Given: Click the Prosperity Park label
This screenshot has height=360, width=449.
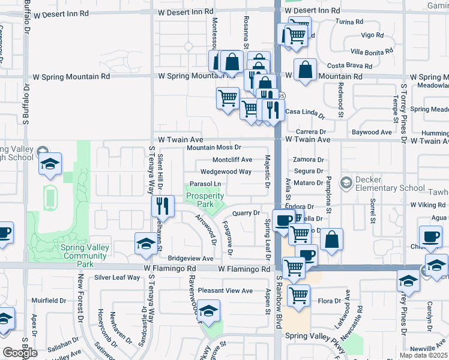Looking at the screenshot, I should tap(205, 200).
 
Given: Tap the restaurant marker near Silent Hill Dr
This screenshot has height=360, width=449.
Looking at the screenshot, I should tap(163, 206).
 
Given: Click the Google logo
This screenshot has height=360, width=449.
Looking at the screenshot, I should tap(19, 353).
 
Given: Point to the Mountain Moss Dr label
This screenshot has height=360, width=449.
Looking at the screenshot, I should tap(214, 148).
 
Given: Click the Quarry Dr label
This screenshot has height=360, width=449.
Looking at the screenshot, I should tap(246, 213).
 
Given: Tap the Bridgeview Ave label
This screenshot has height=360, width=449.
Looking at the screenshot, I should tap(190, 259).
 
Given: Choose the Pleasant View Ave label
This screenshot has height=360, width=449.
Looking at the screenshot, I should tap(226, 290).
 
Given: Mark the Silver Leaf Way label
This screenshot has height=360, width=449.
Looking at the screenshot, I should tap(117, 278).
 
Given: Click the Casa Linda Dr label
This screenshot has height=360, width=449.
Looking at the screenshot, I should tap(304, 112).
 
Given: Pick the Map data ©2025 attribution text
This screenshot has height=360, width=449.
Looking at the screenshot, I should tap(424, 355).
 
